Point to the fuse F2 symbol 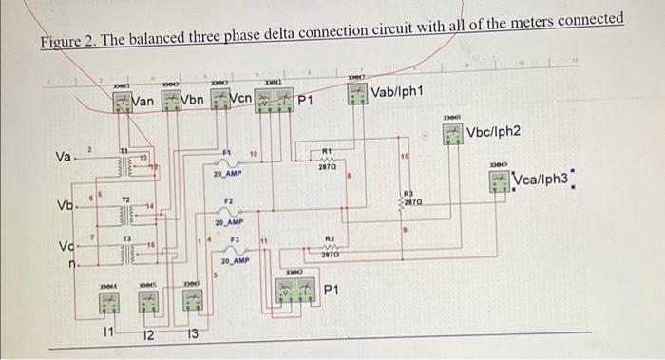click(x=228, y=210)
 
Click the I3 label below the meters click(x=192, y=333)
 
